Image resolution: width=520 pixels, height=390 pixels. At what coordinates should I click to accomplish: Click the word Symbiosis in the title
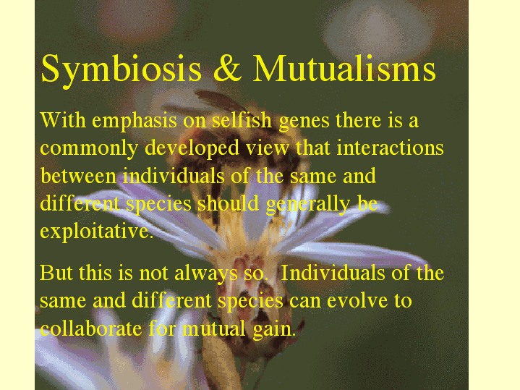click(121, 70)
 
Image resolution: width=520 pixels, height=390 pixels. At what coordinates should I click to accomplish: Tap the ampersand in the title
click(228, 68)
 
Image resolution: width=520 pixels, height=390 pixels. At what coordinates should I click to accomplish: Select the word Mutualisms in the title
click(344, 68)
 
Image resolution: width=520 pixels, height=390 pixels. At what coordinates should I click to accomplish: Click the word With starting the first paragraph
click(63, 120)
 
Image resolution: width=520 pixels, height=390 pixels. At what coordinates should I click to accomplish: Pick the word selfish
click(242, 120)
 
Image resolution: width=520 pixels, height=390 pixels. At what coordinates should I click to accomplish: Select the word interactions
click(390, 148)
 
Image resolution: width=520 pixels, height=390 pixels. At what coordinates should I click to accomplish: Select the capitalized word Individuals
click(333, 273)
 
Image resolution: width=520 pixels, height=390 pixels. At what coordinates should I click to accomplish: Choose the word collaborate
click(91, 328)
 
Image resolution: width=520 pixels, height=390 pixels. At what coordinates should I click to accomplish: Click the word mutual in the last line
click(214, 328)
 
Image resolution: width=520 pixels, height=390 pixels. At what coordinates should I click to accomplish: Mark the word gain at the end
click(273, 331)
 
